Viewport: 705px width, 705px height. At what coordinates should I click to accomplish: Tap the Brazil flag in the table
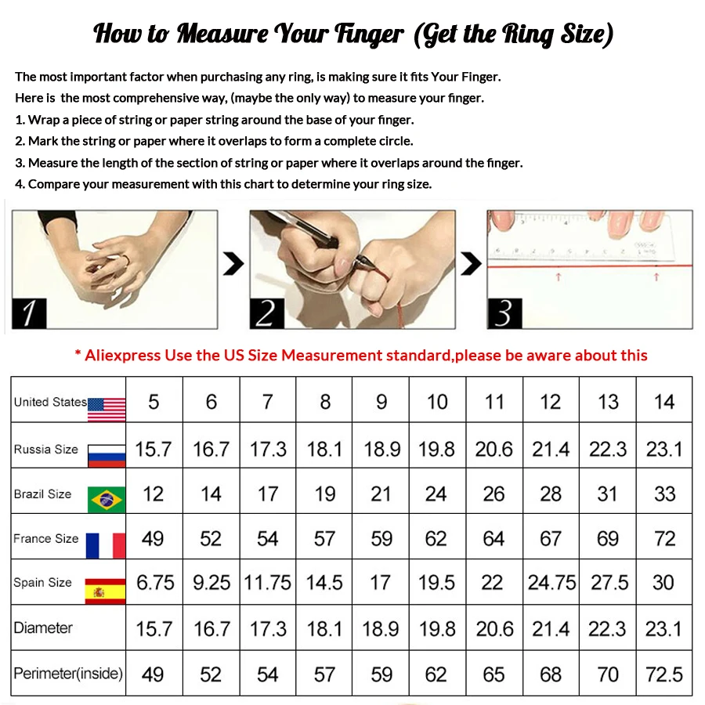pyautogui.click(x=107, y=499)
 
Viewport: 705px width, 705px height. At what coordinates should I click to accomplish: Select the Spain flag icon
pyautogui.click(x=107, y=591)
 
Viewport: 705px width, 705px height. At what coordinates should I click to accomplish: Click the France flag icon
pyautogui.click(x=107, y=544)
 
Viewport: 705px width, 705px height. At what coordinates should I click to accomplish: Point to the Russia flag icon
pyautogui.click(x=107, y=454)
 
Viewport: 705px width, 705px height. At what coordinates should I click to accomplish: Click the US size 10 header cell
pyautogui.click(x=437, y=402)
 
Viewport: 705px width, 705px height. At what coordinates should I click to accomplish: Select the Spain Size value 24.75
pyautogui.click(x=551, y=583)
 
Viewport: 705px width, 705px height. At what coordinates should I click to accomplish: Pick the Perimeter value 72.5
pyautogui.click(x=664, y=674)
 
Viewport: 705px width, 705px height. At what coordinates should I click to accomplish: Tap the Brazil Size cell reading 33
pyautogui.click(x=664, y=494)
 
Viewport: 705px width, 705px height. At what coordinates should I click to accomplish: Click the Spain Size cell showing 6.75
pyautogui.click(x=155, y=583)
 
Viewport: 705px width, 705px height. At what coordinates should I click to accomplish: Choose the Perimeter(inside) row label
pyautogui.click(x=68, y=674)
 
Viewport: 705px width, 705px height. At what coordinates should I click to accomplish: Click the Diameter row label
pyautogui.click(x=43, y=628)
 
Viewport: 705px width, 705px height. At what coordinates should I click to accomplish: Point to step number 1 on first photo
pyautogui.click(x=28, y=314)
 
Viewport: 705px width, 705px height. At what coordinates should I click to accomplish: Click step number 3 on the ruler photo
pyautogui.click(x=504, y=314)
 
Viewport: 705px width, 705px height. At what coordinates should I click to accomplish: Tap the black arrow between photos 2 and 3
pyautogui.click(x=471, y=265)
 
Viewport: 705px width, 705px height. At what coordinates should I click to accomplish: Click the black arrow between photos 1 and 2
pyautogui.click(x=233, y=265)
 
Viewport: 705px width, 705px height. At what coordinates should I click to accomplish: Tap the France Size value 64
pyautogui.click(x=493, y=539)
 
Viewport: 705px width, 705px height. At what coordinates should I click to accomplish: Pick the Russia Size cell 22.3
pyautogui.click(x=608, y=450)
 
